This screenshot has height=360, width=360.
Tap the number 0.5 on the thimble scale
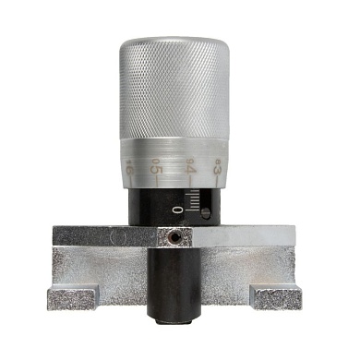pyautogui.click(x=157, y=168)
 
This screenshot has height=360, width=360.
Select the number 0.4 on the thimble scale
pyautogui.click(x=190, y=169)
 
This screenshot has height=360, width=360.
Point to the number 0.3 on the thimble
pyautogui.click(x=217, y=169)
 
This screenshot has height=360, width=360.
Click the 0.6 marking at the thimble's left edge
pyautogui.click(x=129, y=169)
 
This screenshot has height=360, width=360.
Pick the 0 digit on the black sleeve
pyautogui.click(x=177, y=210)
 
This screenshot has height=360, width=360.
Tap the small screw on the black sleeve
pyautogui.click(x=206, y=213)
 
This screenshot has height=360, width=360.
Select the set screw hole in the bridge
pyautogui.click(x=173, y=238)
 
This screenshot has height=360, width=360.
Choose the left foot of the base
pyautogui.click(x=72, y=298)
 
